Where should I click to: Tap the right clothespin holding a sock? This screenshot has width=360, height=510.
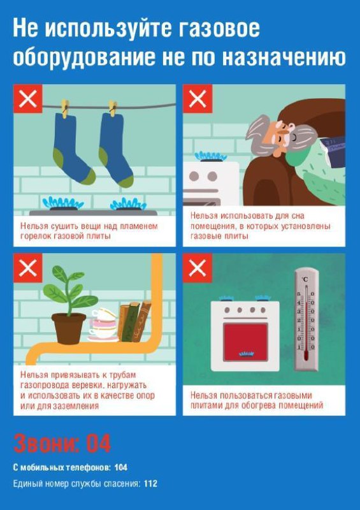(x=113, y=108)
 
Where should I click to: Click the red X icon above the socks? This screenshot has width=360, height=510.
(x=28, y=99)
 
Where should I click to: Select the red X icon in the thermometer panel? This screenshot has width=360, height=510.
(x=198, y=268)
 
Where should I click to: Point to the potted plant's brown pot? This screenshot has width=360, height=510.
(x=69, y=328)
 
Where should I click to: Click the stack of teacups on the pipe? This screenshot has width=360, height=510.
(x=103, y=325)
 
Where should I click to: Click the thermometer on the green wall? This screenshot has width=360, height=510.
(x=306, y=319)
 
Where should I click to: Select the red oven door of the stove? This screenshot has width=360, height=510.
(x=245, y=342)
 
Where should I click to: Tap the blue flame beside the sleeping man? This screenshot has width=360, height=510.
(x=211, y=156)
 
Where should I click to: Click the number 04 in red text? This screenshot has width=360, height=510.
(x=99, y=443)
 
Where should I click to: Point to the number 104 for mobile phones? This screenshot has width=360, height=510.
(x=121, y=467)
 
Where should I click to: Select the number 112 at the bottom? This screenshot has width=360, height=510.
(x=150, y=484)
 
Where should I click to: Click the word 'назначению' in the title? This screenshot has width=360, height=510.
(x=284, y=57)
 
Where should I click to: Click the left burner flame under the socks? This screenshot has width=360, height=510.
(x=63, y=203)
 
